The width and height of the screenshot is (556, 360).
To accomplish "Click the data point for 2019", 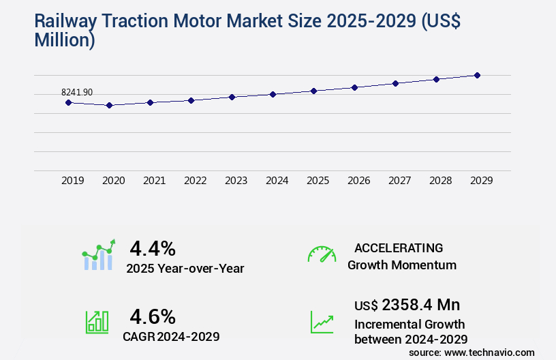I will click(68, 102).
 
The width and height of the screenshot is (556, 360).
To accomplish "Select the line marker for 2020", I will click(109, 106).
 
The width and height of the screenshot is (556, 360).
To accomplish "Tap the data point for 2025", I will click(313, 91).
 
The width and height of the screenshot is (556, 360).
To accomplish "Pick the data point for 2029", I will click(477, 75).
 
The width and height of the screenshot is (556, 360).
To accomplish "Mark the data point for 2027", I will click(395, 83).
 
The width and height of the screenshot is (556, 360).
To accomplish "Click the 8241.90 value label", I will click(77, 92).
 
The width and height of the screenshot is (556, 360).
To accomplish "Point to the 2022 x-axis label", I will click(196, 181).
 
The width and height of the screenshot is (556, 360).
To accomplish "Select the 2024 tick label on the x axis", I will click(277, 181).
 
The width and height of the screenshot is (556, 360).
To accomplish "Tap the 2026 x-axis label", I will click(359, 181).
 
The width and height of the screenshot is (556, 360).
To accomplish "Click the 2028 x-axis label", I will click(441, 181).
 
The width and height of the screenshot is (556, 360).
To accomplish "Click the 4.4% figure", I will click(153, 247).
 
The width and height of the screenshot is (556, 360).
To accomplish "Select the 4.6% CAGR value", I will click(153, 316).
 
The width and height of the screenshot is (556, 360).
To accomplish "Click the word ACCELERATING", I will click(399, 247).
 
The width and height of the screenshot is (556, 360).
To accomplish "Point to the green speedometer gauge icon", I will click(322, 254).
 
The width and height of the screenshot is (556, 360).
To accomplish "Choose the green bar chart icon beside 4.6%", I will click(97, 322).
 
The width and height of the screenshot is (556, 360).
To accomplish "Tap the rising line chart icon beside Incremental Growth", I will click(322, 322).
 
